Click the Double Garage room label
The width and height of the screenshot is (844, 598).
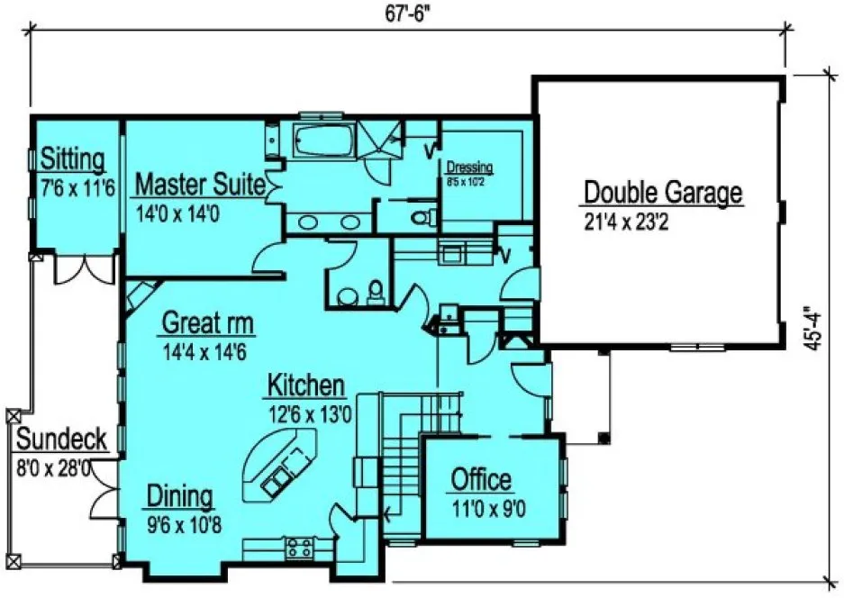[x=663, y=193]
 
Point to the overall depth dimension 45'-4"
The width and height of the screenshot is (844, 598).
[x=816, y=331]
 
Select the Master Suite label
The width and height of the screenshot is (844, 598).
[x=199, y=186]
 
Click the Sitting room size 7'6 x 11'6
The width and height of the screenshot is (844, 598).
[x=73, y=189]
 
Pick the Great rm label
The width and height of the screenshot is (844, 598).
[x=207, y=322]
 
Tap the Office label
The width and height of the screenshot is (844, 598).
[x=481, y=479]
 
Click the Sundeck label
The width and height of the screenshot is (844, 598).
[x=62, y=440]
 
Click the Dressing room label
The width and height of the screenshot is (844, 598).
[x=469, y=168]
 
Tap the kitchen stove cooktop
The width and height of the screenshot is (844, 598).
[x=298, y=546]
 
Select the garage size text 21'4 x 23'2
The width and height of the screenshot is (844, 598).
[x=637, y=222]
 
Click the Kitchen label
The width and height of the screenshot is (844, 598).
[x=306, y=386]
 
